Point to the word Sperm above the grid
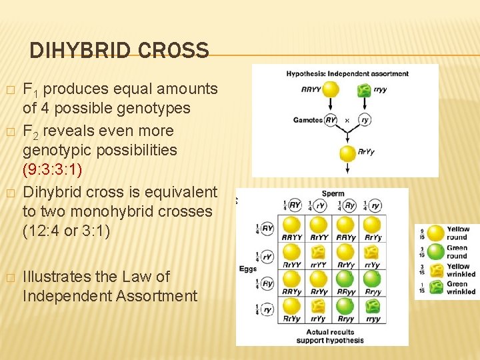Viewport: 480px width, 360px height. [333, 194]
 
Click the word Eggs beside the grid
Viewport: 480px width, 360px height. [248, 269]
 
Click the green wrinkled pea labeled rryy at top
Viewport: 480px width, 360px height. [364, 89]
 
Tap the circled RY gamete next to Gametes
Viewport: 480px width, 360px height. [331, 120]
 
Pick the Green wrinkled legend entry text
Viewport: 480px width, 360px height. [461, 287]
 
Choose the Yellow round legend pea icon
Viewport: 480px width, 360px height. [436, 233]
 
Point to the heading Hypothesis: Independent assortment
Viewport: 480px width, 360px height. [347, 73]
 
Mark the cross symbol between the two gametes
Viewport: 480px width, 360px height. [347, 121]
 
